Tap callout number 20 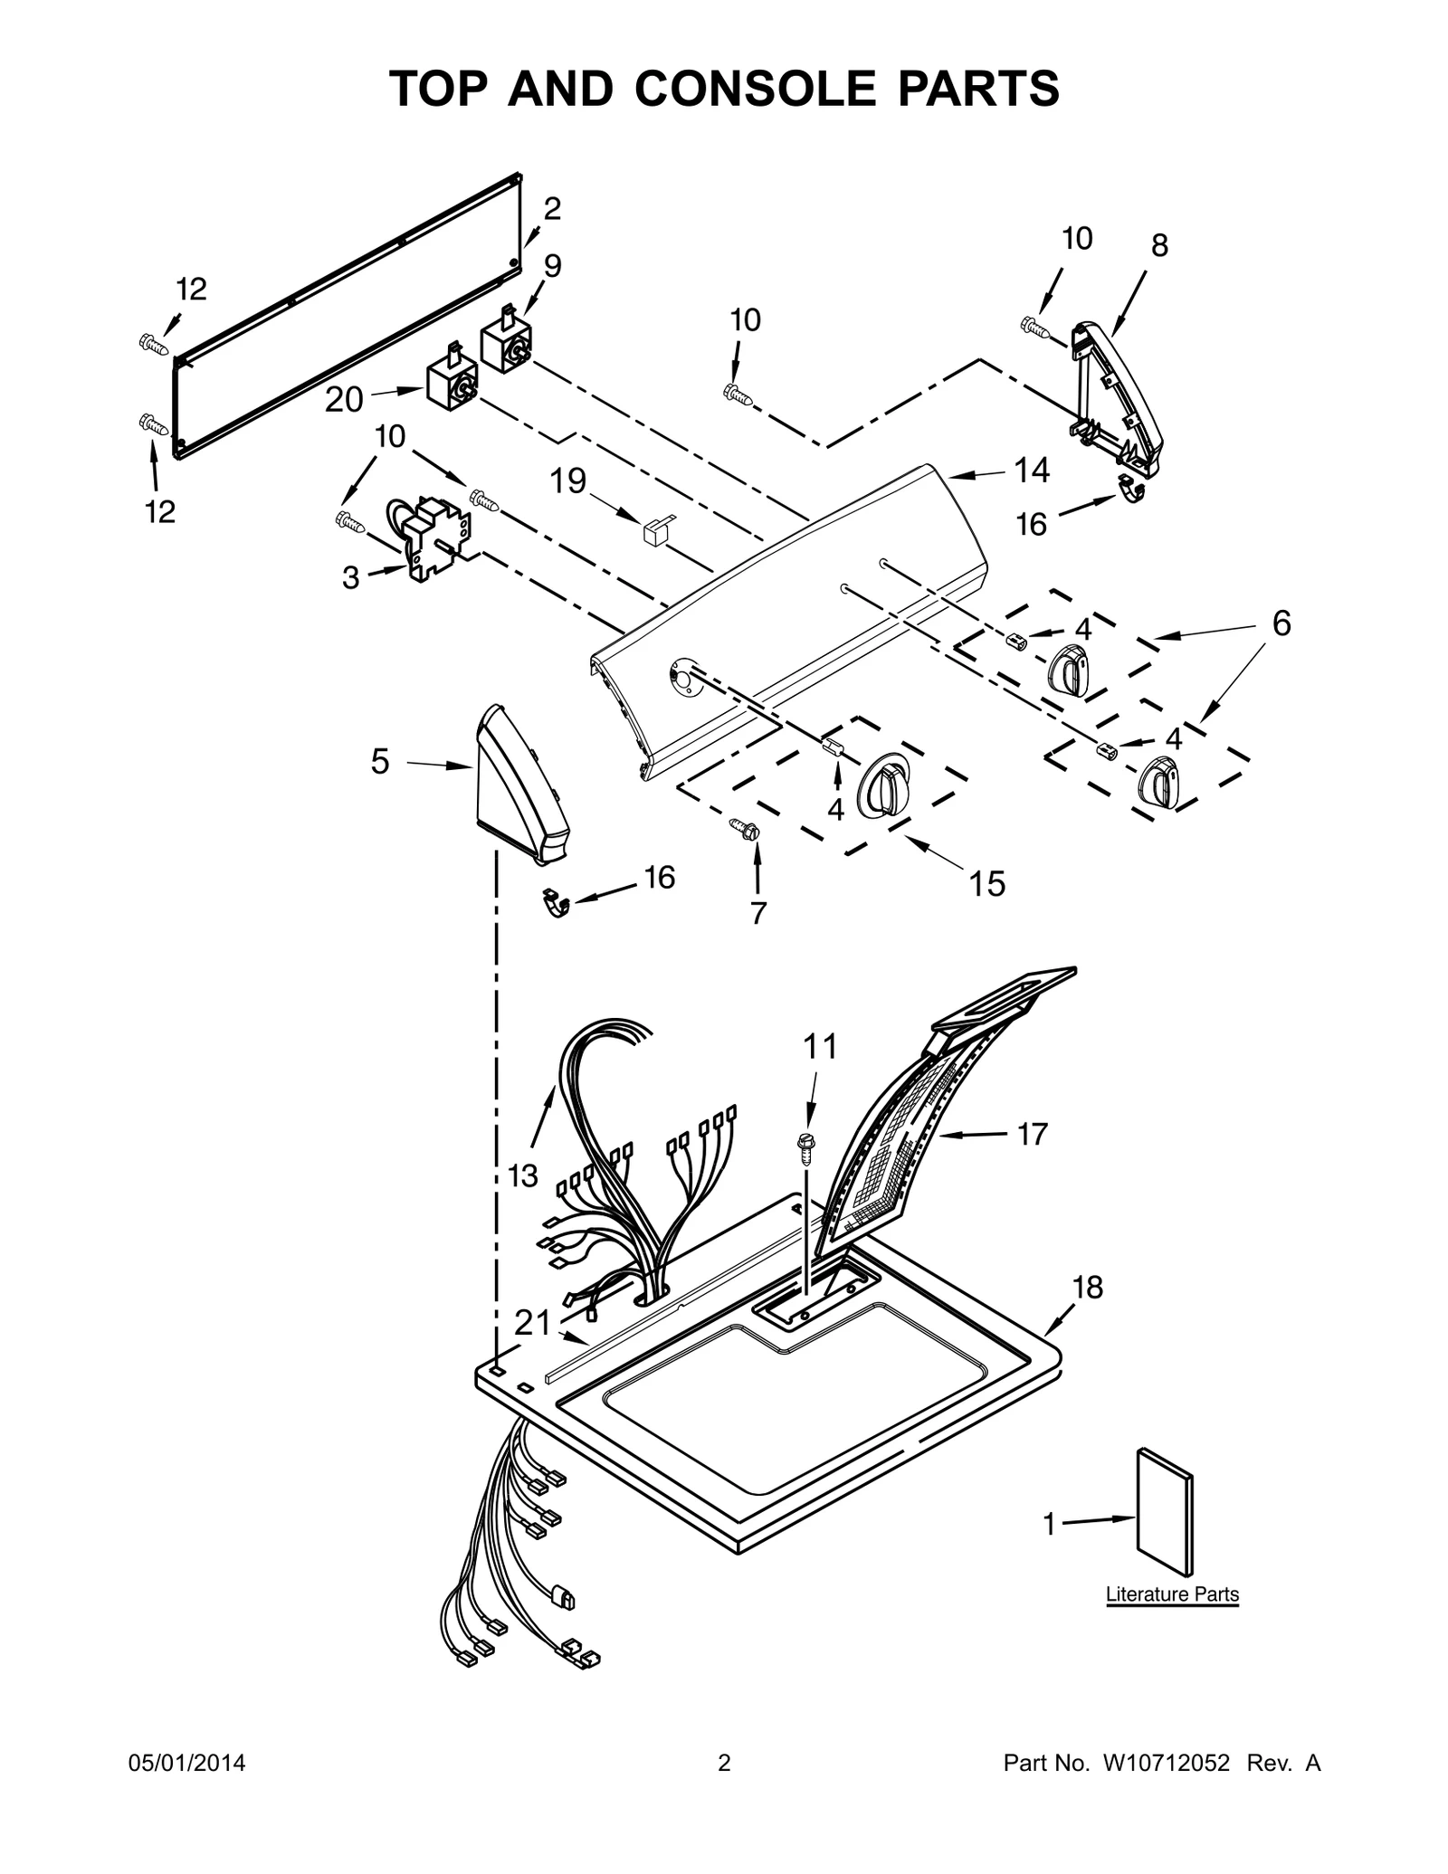(x=344, y=399)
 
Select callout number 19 (x=568, y=480)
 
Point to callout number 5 (x=380, y=762)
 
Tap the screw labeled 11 (x=804, y=1146)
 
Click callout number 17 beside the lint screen (x=1033, y=1134)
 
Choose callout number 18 (x=1088, y=1287)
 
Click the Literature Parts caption (x=1172, y=1594)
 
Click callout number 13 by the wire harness (x=523, y=1176)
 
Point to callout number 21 (x=532, y=1324)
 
